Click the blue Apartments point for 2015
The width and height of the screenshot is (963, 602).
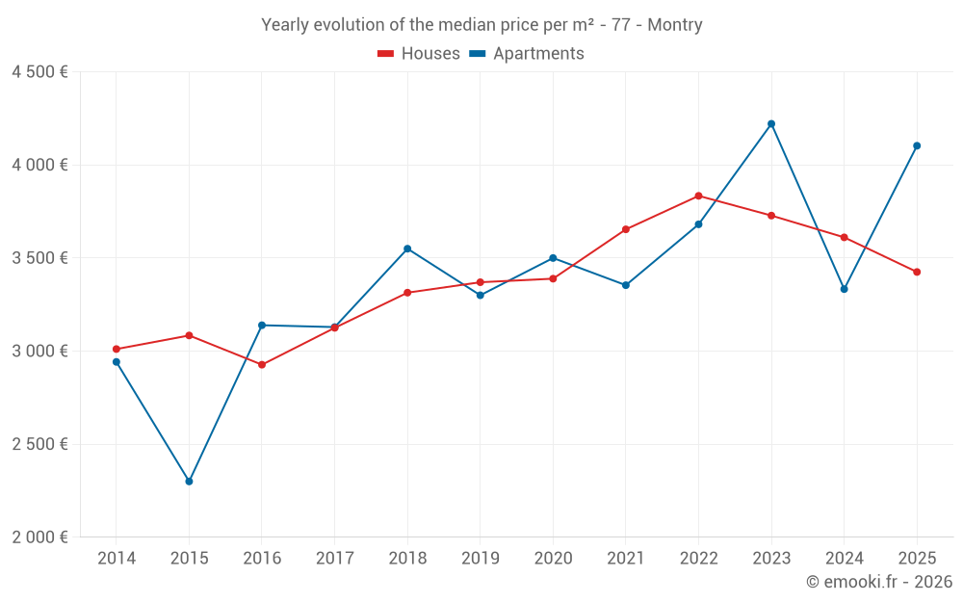189,481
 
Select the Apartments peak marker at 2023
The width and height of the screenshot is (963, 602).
771,123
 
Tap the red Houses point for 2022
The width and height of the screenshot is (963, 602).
698,196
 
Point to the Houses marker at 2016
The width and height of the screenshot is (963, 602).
262,365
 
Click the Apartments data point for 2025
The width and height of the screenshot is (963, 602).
917,145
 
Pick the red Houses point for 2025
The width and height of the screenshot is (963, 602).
917,272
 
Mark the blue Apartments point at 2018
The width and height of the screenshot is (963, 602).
407,249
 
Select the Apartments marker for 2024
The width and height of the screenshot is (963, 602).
844,289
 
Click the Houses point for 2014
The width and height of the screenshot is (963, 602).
117,349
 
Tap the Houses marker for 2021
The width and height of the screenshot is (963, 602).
626,229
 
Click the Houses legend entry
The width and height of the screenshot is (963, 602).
419,54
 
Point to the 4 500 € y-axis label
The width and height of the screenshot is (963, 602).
39,72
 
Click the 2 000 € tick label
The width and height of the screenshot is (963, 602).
39,537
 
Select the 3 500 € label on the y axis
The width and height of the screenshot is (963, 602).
39,258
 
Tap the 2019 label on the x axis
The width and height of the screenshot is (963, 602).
480,559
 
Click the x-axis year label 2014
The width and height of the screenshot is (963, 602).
117,559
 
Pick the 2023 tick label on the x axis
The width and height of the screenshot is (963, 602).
771,559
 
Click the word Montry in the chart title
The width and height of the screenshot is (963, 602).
674,25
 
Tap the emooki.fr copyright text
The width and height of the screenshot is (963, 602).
879,582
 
